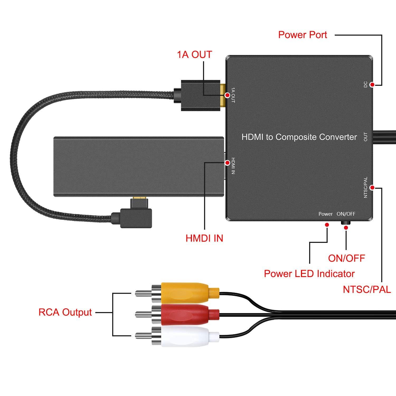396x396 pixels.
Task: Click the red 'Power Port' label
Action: [x=303, y=35]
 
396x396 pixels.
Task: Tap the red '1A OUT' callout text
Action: [x=194, y=54]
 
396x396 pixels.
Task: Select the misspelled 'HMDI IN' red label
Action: [x=204, y=238]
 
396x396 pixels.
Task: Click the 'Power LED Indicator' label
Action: [x=309, y=274]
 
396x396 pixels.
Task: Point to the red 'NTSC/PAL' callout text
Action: [x=367, y=289]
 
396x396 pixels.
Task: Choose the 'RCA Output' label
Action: [x=65, y=312]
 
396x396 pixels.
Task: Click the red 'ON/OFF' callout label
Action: [x=346, y=258]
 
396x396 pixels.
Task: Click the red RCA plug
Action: [x=185, y=314]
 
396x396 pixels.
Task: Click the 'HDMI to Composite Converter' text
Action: [x=299, y=137]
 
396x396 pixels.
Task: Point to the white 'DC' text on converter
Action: [x=366, y=85]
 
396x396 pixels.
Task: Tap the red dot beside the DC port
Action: [x=372, y=85]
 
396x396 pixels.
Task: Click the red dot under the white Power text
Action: [x=327, y=225]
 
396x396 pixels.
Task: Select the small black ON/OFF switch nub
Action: [x=346, y=223]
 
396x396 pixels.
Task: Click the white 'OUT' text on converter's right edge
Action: [x=366, y=137]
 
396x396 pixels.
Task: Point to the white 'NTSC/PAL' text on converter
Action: [x=366, y=187]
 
